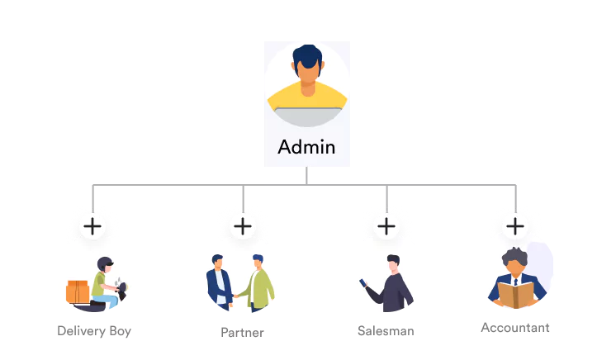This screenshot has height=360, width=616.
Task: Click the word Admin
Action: point(306,147)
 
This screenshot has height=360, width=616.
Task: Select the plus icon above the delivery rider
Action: point(92,225)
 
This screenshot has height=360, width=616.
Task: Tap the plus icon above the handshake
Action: point(243,225)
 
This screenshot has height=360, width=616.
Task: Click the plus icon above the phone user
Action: point(386,225)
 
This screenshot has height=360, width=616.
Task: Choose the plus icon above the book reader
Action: point(514,225)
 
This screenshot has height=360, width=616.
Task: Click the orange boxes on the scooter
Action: point(78,291)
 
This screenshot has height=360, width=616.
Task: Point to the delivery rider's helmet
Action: point(105,263)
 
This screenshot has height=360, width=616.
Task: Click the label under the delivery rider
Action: point(92,330)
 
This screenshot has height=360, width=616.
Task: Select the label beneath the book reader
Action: point(515,329)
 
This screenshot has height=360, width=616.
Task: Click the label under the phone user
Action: point(386,329)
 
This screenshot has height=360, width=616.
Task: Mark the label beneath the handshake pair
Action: point(242,333)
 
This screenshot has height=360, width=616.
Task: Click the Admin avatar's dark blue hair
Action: point(307,56)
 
